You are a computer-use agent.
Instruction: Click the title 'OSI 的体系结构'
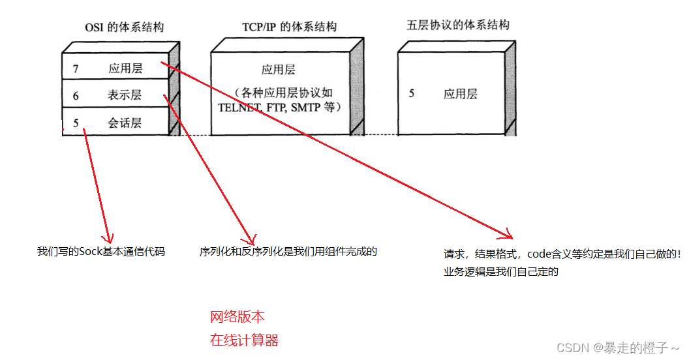pos(124,27)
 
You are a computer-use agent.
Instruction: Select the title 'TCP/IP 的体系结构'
pos(285,27)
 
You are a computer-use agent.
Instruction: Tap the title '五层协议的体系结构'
pos(457,25)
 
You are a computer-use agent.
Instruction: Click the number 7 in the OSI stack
pos(76,68)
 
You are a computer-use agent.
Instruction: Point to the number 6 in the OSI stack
pos(76,95)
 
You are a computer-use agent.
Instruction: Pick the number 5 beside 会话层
pos(76,123)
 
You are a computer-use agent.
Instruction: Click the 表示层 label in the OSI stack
pos(125,95)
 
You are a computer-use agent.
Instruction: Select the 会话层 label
pos(125,123)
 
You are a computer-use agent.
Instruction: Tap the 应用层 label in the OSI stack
pos(125,68)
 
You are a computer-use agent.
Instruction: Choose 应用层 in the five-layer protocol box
pos(461,94)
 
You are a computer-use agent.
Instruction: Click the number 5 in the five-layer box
pos(412,93)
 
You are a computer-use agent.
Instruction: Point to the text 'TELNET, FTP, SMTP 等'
pos(279,107)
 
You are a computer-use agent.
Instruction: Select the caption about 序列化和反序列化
pos(288,251)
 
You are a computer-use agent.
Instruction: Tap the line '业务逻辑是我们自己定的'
pos(501,273)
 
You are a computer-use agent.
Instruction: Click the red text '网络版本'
pos(237,318)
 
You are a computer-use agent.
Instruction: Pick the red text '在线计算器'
pos(244,340)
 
